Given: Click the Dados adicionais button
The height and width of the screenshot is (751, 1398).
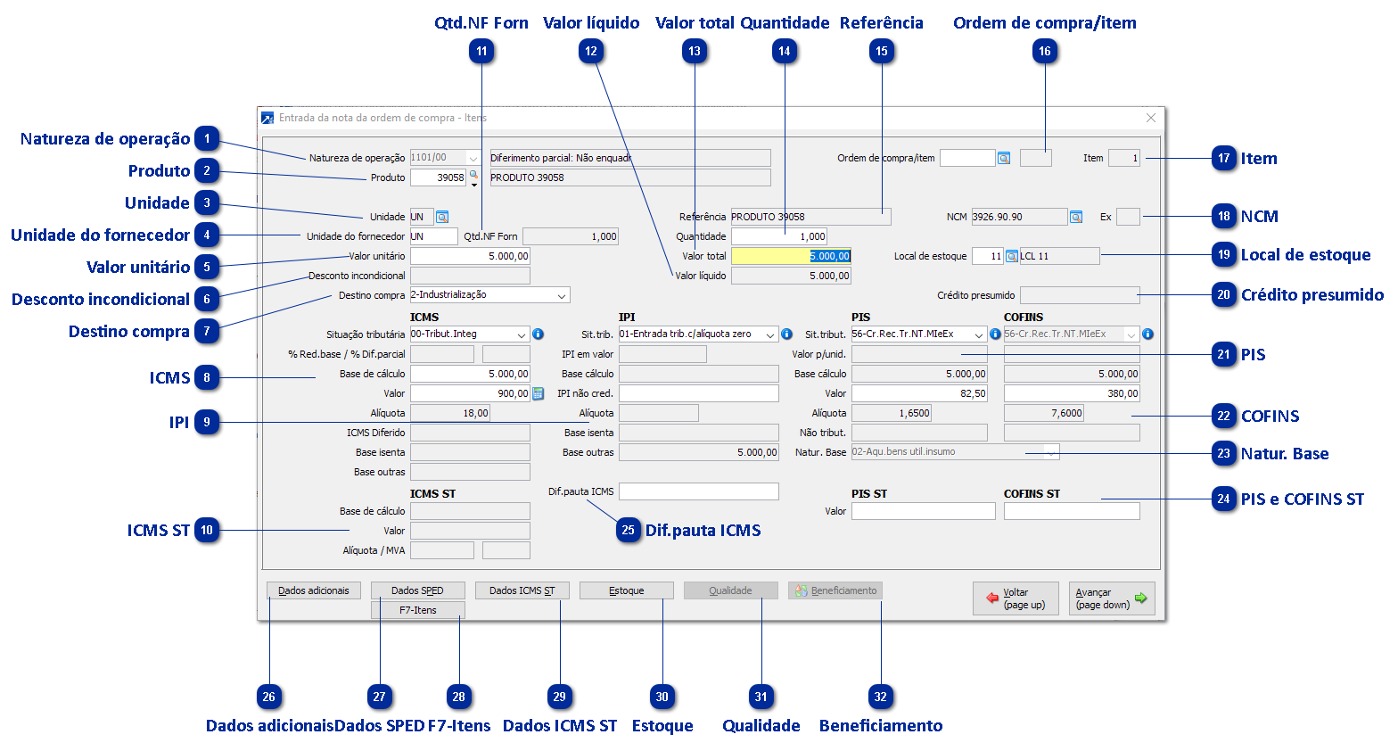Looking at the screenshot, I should click(x=314, y=590).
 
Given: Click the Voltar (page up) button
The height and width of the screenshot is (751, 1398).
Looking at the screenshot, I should click(x=1016, y=598).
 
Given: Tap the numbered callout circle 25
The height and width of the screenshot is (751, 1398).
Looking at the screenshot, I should click(x=628, y=530).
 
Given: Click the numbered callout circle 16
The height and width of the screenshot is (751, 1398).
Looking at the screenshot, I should click(x=1045, y=52).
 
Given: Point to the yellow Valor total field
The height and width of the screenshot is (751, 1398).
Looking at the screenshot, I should click(x=791, y=256).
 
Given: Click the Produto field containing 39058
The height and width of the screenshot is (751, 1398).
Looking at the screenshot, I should click(x=438, y=177).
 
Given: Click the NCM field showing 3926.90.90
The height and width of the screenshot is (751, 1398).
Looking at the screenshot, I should click(x=1018, y=217).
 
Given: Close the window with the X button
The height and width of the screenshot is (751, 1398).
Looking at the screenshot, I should click(x=1151, y=118).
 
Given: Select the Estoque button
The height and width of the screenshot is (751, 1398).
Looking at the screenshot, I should click(x=626, y=590).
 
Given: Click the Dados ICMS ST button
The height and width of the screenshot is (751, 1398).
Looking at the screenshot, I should click(x=522, y=590).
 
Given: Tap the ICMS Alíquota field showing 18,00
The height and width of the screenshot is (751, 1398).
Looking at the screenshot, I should click(x=450, y=413).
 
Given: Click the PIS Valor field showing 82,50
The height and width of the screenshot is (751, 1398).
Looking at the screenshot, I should click(x=919, y=393).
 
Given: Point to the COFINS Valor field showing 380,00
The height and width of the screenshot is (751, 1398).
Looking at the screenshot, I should click(x=1072, y=393).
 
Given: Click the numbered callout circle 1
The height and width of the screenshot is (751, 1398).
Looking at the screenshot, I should click(x=207, y=139).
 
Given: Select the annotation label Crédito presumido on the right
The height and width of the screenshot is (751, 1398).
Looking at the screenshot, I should click(x=1312, y=295).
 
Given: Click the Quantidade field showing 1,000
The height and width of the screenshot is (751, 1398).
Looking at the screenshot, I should click(x=779, y=236).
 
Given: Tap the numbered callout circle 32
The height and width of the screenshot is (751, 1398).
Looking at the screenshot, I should click(x=881, y=697).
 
